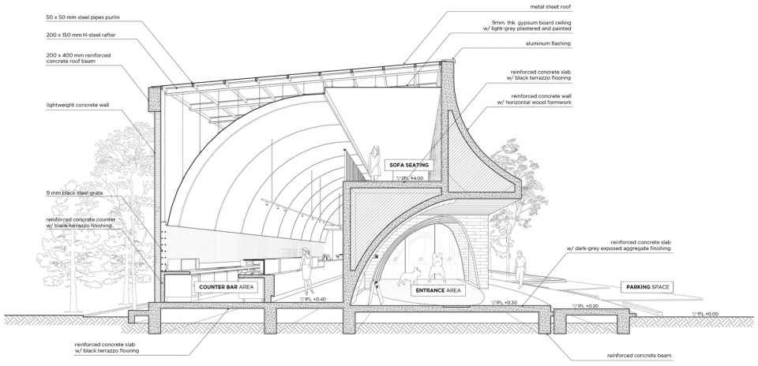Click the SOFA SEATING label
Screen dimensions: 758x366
point(409,165)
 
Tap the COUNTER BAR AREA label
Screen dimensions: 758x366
point(227,287)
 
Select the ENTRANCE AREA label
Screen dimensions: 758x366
point(438,290)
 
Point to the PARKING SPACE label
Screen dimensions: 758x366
point(647,287)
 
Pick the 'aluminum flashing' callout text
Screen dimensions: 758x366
point(548,43)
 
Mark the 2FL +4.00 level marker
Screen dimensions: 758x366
point(410,178)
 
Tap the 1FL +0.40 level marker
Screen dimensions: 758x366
point(313,299)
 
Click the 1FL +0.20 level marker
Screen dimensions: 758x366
point(585,306)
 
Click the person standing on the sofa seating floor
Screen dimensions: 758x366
point(374,162)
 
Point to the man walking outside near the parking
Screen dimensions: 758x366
point(520,269)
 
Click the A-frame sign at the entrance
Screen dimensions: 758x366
point(375,293)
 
